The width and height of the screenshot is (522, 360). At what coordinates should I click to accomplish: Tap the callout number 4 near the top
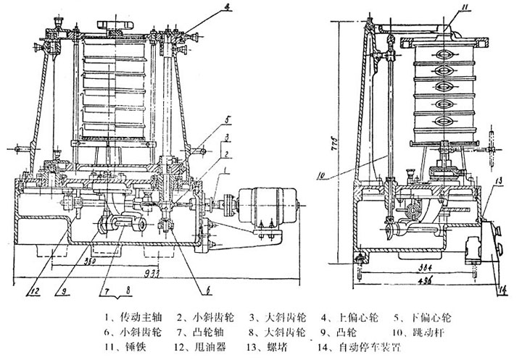[226, 9]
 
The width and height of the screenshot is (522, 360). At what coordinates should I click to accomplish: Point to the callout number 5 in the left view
[227, 119]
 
